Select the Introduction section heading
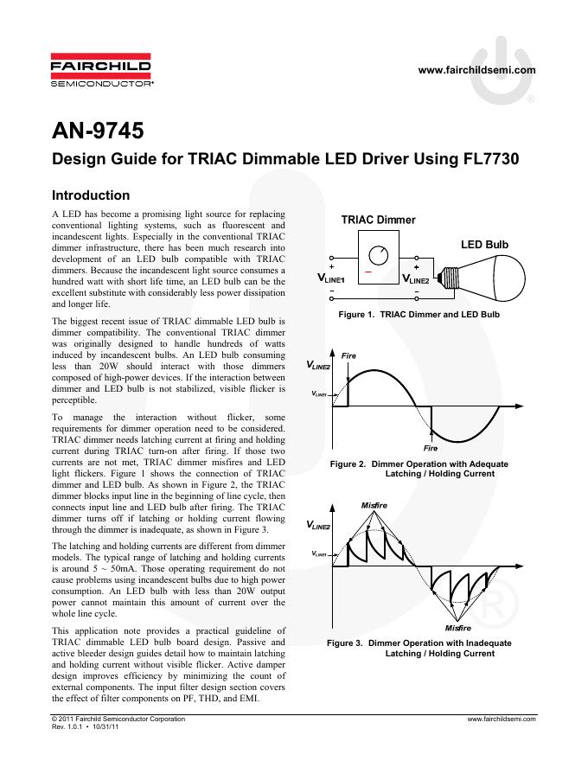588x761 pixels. click(x=91, y=195)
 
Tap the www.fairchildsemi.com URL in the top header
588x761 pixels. click(x=476, y=70)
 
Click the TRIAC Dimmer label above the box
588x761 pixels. click(x=376, y=221)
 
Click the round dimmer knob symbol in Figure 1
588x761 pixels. click(x=377, y=256)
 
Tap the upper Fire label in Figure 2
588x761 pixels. click(x=349, y=355)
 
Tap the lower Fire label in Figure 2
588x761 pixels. click(x=431, y=449)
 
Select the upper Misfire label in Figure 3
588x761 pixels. click(x=374, y=504)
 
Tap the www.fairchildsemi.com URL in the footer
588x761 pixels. click(x=502, y=718)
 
